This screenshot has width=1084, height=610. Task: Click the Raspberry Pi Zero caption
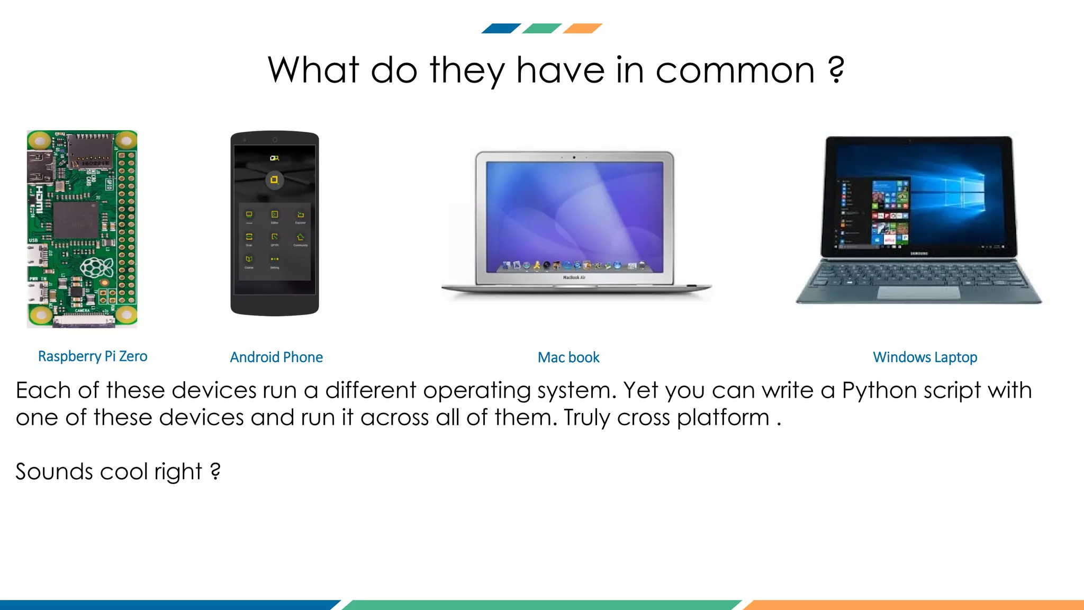pos(93,356)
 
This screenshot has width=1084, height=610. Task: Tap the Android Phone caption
pos(276,357)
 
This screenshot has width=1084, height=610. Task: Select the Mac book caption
pos(568,358)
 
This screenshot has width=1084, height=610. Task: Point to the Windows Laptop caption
pos(925,357)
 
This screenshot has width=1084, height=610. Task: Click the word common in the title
pos(735,70)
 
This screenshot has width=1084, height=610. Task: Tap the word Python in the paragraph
pos(879,391)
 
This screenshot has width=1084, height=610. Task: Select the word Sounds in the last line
pos(54,471)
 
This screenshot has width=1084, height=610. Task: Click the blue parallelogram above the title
pos(501,29)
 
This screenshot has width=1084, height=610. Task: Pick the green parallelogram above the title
pos(541,29)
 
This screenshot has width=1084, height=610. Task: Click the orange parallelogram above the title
pos(582,29)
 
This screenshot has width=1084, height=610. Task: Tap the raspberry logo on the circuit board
pos(97,268)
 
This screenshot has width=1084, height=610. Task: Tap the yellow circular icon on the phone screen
pos(274,180)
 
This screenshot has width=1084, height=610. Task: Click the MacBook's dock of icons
pos(574,265)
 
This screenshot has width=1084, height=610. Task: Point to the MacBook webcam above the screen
pos(574,157)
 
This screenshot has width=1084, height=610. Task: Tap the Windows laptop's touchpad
pos(918,293)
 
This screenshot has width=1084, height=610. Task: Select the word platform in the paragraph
pos(723,418)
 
